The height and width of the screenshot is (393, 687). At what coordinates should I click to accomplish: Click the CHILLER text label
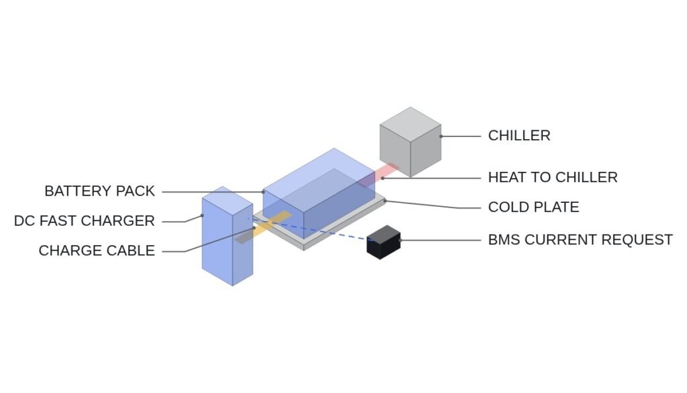click(519, 136)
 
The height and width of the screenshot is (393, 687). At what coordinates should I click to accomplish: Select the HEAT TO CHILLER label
click(553, 177)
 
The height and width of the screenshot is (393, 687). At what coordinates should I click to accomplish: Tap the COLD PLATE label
click(533, 207)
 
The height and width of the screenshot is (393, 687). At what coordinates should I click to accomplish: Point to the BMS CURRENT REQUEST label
click(580, 240)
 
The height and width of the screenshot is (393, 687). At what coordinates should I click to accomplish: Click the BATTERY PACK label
click(99, 191)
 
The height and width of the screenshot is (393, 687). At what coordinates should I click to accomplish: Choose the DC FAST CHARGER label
click(84, 220)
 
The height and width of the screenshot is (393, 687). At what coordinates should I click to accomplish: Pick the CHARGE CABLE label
click(97, 251)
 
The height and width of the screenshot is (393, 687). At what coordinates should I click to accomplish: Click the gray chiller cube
click(411, 142)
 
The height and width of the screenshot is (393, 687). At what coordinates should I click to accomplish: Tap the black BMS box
click(383, 242)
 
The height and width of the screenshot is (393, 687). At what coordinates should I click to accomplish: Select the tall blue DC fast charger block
click(227, 236)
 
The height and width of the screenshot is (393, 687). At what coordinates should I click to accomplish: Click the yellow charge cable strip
click(263, 227)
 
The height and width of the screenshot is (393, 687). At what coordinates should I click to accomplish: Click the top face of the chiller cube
click(411, 124)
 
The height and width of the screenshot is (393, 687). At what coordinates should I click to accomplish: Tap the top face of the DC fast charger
click(227, 195)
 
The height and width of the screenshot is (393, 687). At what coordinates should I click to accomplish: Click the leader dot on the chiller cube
click(441, 136)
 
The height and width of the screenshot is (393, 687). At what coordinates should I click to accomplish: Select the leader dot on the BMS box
click(400, 241)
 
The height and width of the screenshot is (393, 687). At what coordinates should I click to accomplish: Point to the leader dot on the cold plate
click(385, 201)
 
